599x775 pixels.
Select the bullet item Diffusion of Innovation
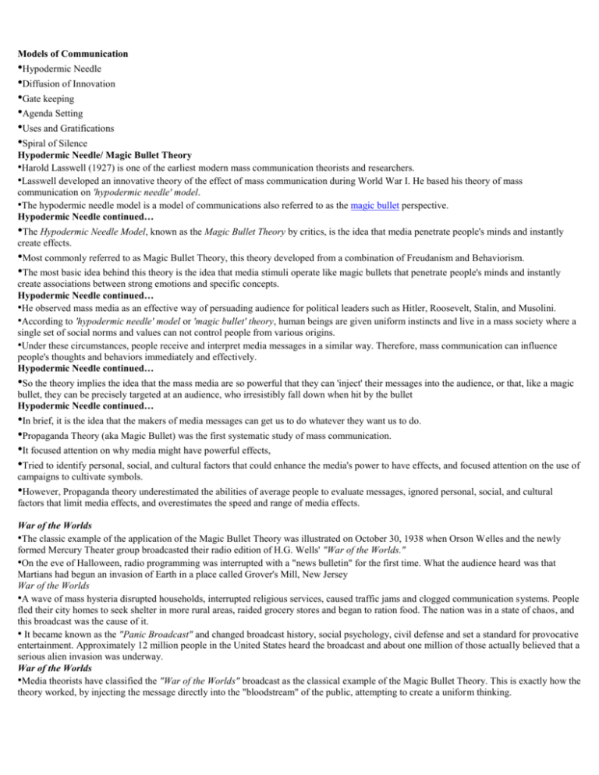[63, 83]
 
